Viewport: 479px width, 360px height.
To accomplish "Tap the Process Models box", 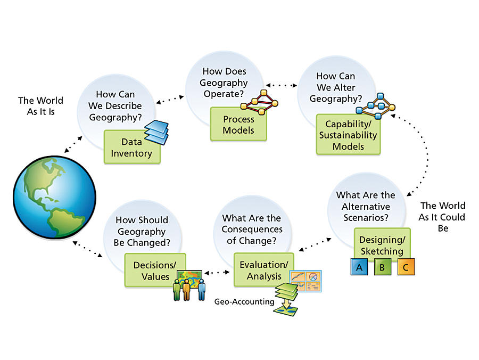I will click(238, 124).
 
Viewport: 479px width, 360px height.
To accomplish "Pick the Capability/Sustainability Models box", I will click(348, 135).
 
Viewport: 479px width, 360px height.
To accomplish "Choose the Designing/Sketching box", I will click(381, 244).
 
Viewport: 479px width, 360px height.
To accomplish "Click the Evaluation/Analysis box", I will click(263, 270).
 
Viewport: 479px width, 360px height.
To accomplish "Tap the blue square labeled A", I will click(359, 267).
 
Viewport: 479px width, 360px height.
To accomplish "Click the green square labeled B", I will click(382, 267).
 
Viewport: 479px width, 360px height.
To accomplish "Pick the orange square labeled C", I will click(406, 267).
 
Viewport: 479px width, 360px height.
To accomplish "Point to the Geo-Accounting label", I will click(244, 301).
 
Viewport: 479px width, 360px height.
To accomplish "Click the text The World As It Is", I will click(40, 106).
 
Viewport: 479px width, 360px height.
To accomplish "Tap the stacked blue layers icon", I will click(157, 132).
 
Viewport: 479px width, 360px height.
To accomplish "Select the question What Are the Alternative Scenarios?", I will click(366, 207).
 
